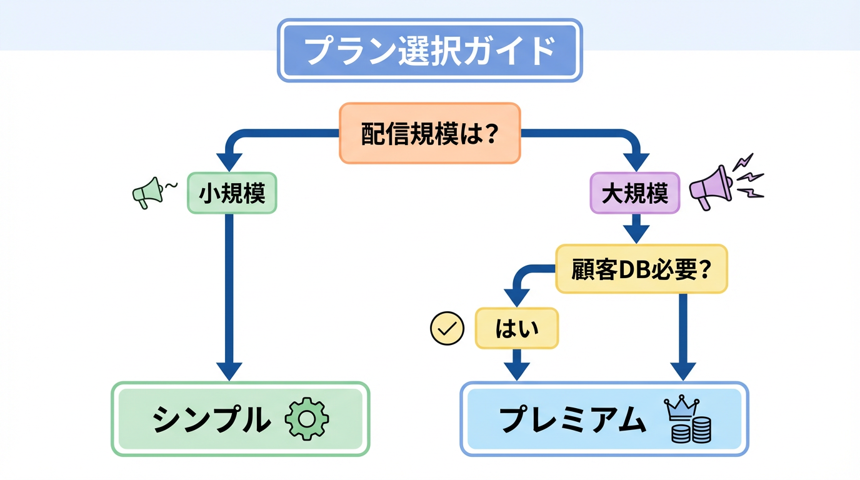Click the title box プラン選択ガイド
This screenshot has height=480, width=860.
pyautogui.click(x=429, y=50)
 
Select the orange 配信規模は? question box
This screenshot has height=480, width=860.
pyautogui.click(x=429, y=134)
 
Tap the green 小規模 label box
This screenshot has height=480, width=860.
pyautogui.click(x=232, y=194)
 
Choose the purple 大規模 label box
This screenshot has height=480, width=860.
pyautogui.click(x=634, y=194)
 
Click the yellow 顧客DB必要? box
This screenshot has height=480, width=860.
pyautogui.click(x=642, y=269)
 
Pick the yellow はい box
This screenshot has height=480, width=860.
pyautogui.click(x=517, y=328)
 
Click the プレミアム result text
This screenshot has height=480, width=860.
pyautogui.click(x=574, y=419)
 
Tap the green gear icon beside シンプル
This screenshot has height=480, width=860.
pyautogui.click(x=306, y=418)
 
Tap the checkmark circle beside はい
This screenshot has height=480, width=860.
pyautogui.click(x=447, y=328)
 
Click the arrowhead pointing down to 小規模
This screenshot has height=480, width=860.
pyautogui.click(x=229, y=161)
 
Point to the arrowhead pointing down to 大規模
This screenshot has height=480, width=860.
pyautogui.click(x=636, y=161)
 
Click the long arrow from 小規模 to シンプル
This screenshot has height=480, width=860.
pyautogui.click(x=229, y=294)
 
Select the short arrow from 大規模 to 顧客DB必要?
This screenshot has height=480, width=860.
pyautogui.click(x=636, y=229)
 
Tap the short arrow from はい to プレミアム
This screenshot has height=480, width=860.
pyautogui.click(x=516, y=364)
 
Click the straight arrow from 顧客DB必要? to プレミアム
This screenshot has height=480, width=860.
pyautogui.click(x=682, y=334)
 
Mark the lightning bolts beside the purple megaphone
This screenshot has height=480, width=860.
pyautogui.click(x=747, y=175)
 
